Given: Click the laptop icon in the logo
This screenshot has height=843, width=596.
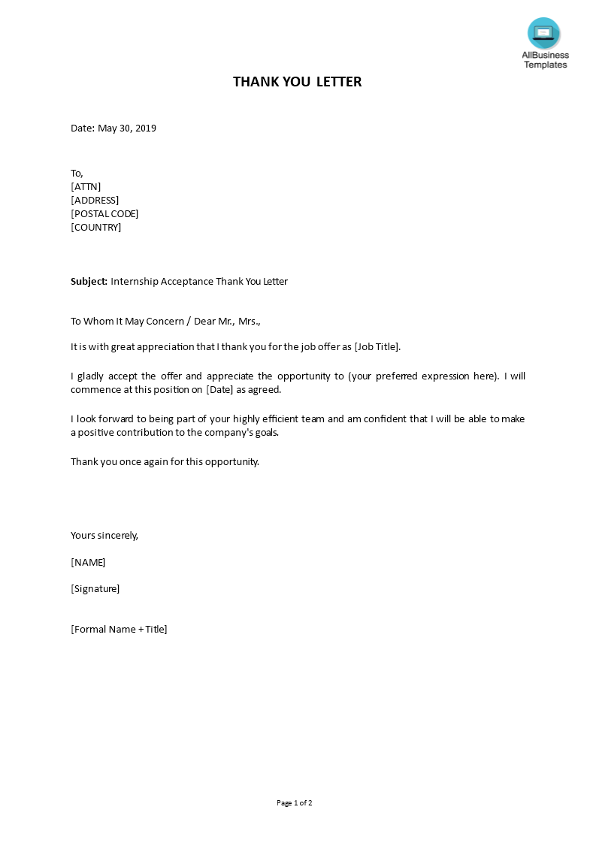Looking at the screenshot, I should (x=543, y=33).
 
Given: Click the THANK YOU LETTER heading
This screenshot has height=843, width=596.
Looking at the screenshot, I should (x=297, y=82).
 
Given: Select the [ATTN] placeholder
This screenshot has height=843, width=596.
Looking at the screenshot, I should (x=86, y=187).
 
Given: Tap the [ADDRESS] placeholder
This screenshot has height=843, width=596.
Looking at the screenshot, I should (x=95, y=201).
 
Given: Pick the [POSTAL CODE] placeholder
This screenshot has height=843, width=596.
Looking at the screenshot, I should (x=104, y=214).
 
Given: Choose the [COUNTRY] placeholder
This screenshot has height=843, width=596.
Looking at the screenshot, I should (x=95, y=228).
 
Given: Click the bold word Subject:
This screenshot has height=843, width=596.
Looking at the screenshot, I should (x=89, y=282).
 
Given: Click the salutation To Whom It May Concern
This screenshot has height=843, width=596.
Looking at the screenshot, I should (x=127, y=322).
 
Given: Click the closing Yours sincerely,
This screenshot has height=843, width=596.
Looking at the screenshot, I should (x=104, y=536).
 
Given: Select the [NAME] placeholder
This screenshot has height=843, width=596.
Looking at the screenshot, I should (x=88, y=563).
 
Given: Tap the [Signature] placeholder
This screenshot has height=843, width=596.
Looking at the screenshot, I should (x=95, y=589).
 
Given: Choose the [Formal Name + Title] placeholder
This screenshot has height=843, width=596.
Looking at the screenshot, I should (x=119, y=630).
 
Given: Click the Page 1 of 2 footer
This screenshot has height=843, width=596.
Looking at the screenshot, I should (x=295, y=803).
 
